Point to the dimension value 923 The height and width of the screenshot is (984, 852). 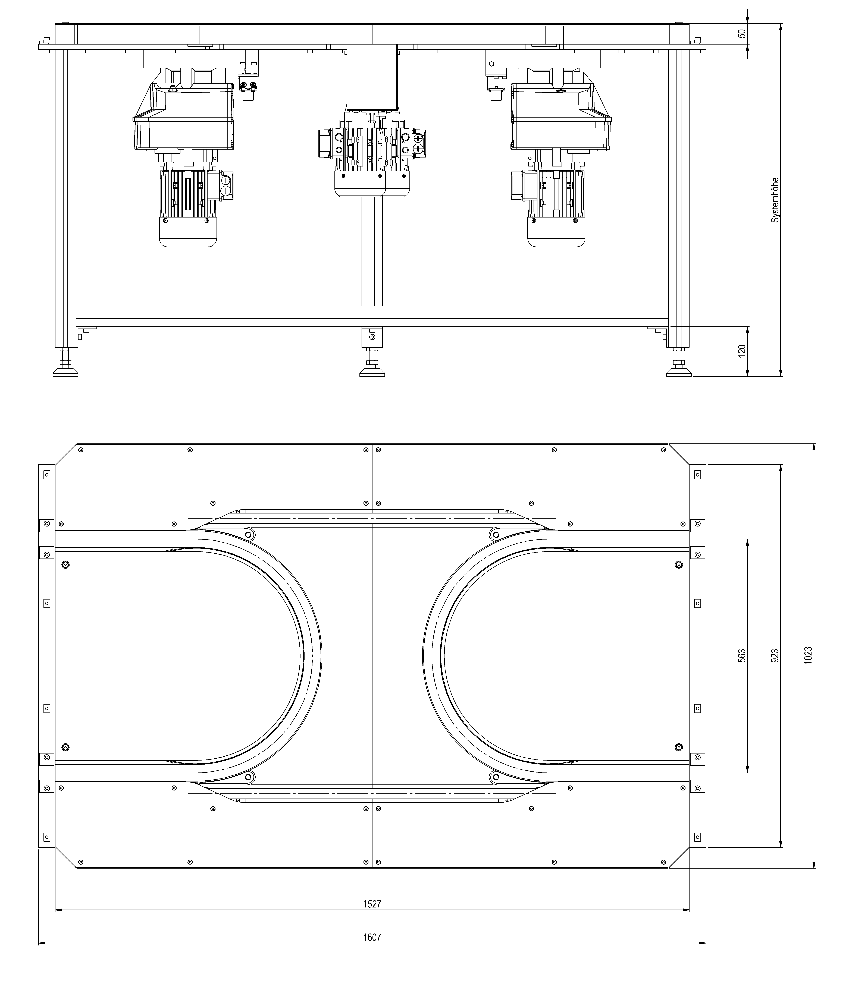775,656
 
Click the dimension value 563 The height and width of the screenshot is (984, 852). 742,656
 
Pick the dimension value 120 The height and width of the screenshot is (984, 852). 742,351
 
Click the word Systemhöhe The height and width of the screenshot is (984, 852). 775,200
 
